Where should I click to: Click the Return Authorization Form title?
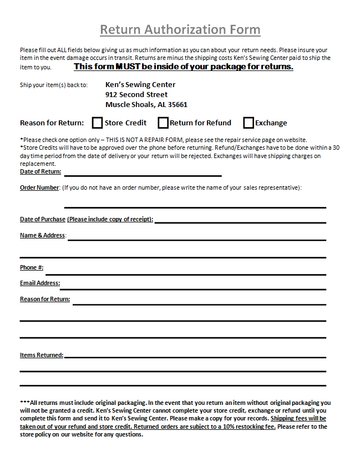pos(180,29)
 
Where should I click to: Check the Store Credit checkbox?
pos(98,123)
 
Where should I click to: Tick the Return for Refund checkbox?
pos(163,123)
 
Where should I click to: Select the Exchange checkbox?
pos(249,123)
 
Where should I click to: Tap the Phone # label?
pos(32,267)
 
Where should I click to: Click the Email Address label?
pos(40,283)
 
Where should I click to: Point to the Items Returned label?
pos(42,355)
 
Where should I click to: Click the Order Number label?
pos(39,187)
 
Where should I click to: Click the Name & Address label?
pos(43,235)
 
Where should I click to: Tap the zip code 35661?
pos(177,104)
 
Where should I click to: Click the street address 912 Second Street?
pos(136,94)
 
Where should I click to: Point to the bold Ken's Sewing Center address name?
pos(140,84)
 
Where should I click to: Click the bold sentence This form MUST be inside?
pos(184,67)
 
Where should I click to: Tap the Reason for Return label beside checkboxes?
pos(52,123)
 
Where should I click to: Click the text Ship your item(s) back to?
pos(54,85)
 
